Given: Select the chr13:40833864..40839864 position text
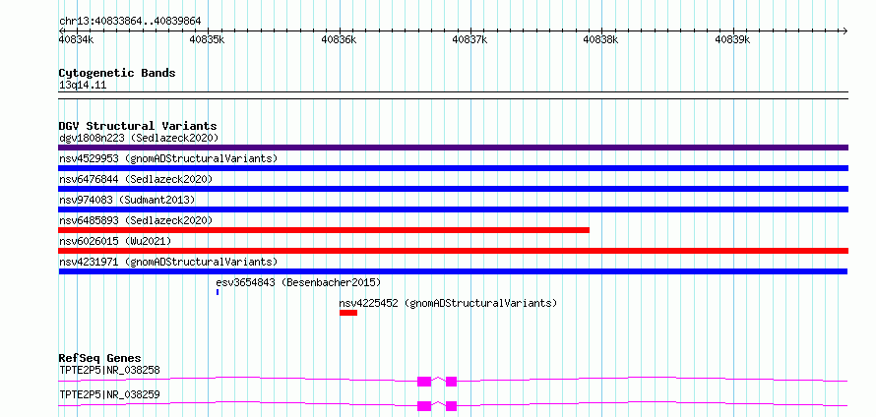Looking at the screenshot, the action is [130, 22].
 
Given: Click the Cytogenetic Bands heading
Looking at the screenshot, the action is [117, 73].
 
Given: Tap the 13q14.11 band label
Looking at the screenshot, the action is [83, 85].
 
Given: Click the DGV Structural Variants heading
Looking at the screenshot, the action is [138, 126].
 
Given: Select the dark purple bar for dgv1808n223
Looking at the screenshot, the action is [453, 148].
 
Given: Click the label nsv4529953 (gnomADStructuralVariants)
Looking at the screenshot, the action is [168, 158].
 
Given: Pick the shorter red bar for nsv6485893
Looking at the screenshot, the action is [324, 230].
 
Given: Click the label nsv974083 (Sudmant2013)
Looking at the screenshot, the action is [127, 200].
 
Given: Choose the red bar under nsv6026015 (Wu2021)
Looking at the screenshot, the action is [453, 251].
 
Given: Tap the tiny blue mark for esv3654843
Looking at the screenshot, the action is [218, 292].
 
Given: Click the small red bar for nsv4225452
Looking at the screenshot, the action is [348, 313].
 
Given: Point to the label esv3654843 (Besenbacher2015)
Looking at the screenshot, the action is [298, 282].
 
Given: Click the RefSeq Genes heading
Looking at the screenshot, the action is [100, 358].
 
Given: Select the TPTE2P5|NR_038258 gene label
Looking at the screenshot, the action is [109, 370].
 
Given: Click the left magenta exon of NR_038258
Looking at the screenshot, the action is [424, 382].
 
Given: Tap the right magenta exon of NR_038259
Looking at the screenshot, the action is [452, 406].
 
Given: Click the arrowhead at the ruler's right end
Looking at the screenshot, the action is [845, 30].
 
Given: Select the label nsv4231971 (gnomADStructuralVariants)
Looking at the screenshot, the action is [168, 262].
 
